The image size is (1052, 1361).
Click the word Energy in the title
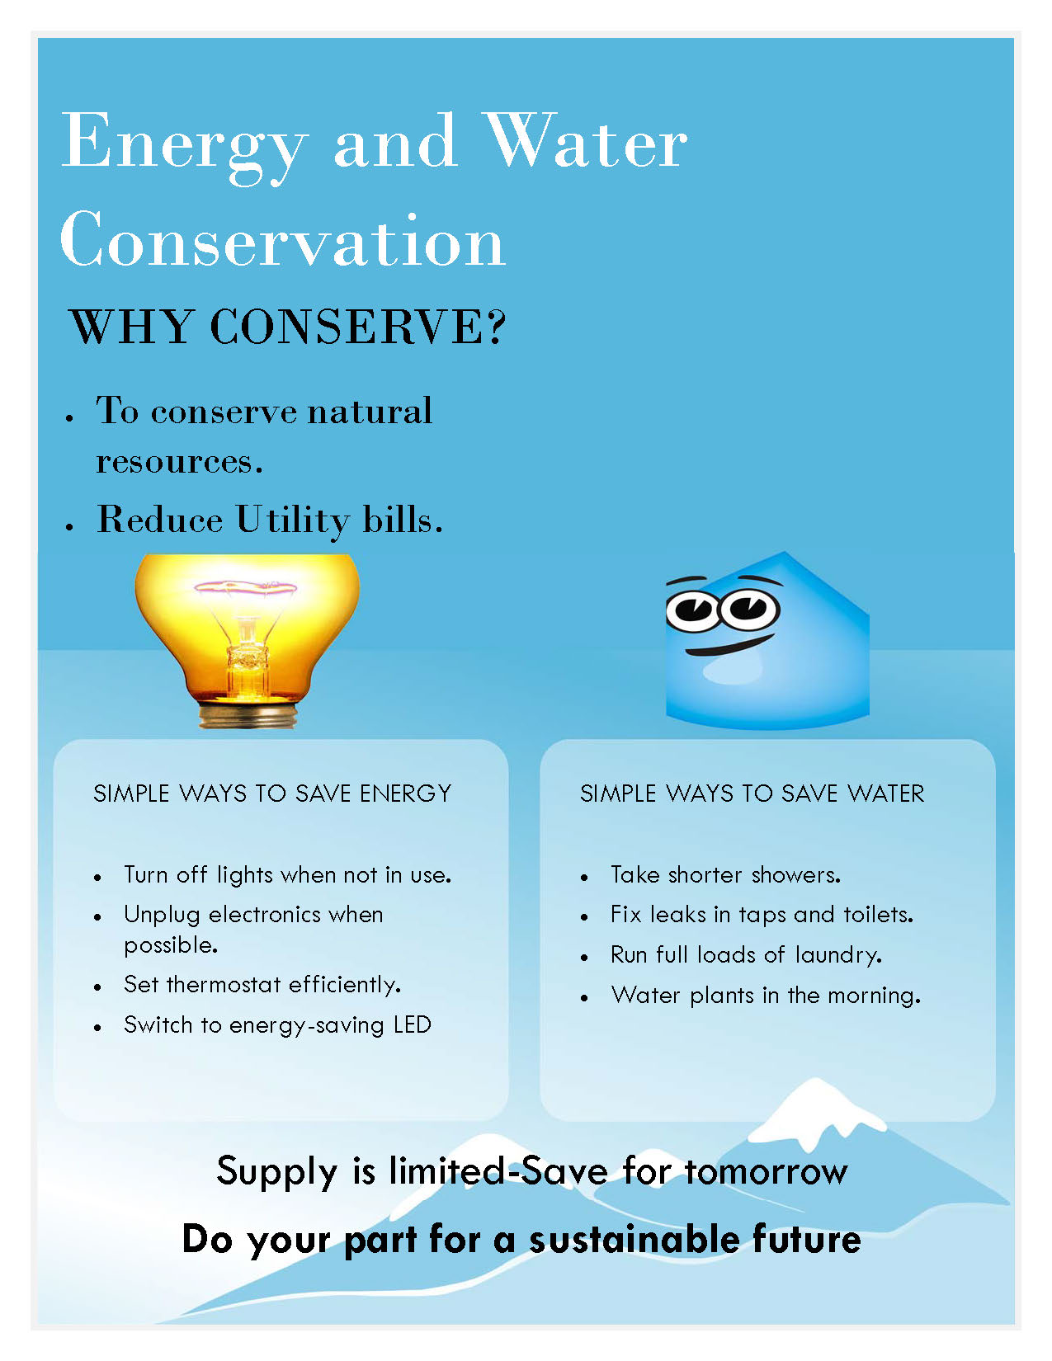point(185,148)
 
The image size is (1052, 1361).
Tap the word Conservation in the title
point(282,239)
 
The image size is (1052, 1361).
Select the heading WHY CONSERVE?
point(287,326)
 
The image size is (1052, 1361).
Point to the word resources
point(179,462)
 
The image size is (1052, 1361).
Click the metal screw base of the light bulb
point(248,714)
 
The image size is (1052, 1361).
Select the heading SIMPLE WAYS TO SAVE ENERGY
point(272,794)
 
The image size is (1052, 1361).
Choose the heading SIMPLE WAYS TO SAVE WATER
point(752,794)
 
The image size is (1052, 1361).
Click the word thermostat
point(224,985)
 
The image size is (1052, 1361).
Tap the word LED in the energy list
point(413,1024)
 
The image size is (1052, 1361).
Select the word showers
point(795,875)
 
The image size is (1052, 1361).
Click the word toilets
point(879,915)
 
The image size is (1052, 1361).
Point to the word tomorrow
point(766,1172)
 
